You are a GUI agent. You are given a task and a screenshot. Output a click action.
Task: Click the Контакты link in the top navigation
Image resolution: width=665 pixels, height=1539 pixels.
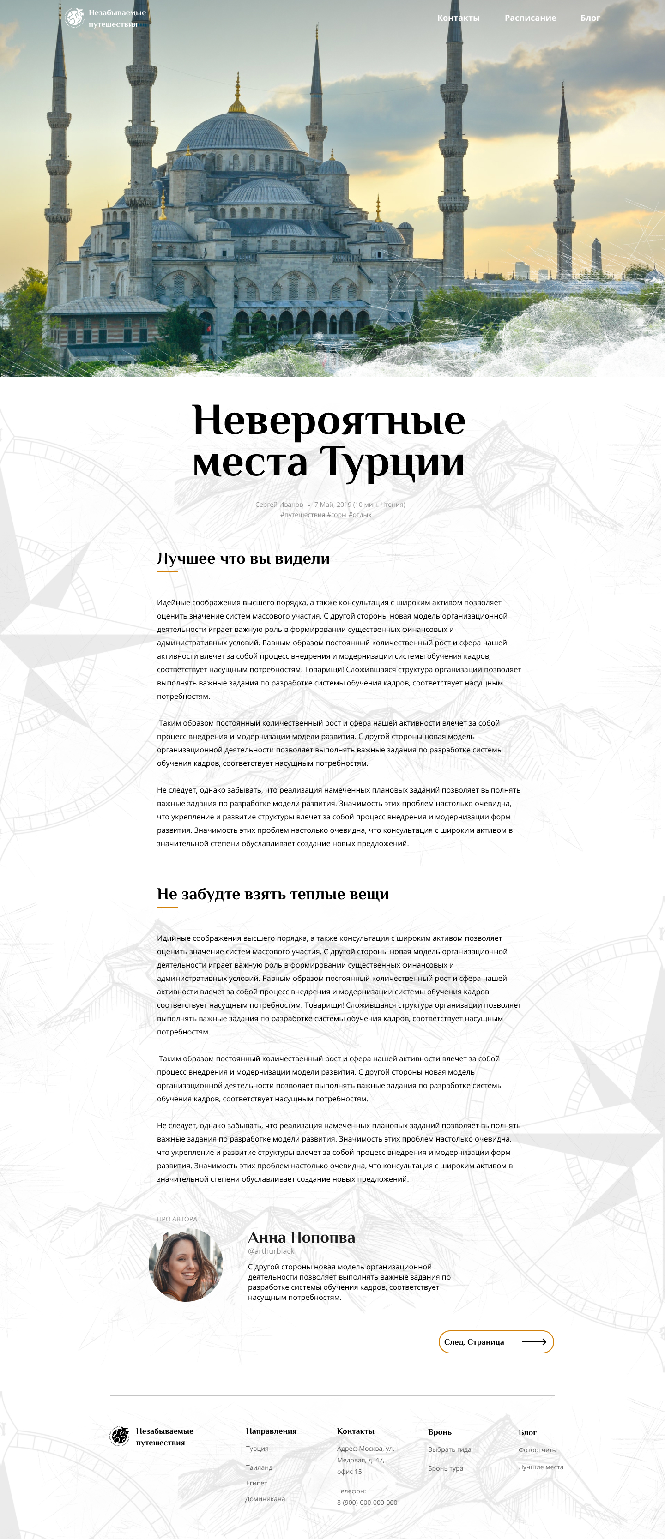(x=458, y=18)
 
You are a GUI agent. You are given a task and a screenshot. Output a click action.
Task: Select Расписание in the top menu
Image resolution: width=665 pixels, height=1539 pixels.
(x=530, y=18)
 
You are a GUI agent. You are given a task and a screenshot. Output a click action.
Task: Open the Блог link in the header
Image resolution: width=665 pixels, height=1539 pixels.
(x=590, y=18)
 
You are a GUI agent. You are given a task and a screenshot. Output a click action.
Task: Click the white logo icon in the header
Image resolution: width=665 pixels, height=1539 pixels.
(x=75, y=18)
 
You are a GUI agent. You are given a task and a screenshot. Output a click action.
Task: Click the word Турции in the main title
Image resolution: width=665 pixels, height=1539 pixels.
(x=393, y=462)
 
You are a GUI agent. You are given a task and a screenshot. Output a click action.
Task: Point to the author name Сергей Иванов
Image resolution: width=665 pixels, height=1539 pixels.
(x=279, y=504)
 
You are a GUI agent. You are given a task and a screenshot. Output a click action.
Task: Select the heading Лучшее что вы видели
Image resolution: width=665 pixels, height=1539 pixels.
(x=243, y=558)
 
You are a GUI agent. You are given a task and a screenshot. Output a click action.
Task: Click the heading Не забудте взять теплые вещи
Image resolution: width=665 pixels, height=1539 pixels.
(x=272, y=894)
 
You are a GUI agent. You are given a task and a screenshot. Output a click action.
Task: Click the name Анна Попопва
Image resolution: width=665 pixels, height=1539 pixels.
(x=301, y=1237)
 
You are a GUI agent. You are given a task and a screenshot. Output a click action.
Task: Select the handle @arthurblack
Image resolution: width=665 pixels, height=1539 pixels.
(x=271, y=1251)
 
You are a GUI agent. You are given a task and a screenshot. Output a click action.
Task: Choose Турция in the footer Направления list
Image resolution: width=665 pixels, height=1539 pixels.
(x=257, y=1448)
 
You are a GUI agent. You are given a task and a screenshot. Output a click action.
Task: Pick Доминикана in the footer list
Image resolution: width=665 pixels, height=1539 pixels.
(x=265, y=1498)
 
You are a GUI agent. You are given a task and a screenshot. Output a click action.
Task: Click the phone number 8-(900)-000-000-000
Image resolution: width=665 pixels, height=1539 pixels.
(x=367, y=1502)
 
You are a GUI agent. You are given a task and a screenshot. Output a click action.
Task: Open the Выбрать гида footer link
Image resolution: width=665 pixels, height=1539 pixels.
(x=449, y=1449)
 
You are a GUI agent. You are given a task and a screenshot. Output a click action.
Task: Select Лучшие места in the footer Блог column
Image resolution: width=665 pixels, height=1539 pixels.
(x=541, y=1467)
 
